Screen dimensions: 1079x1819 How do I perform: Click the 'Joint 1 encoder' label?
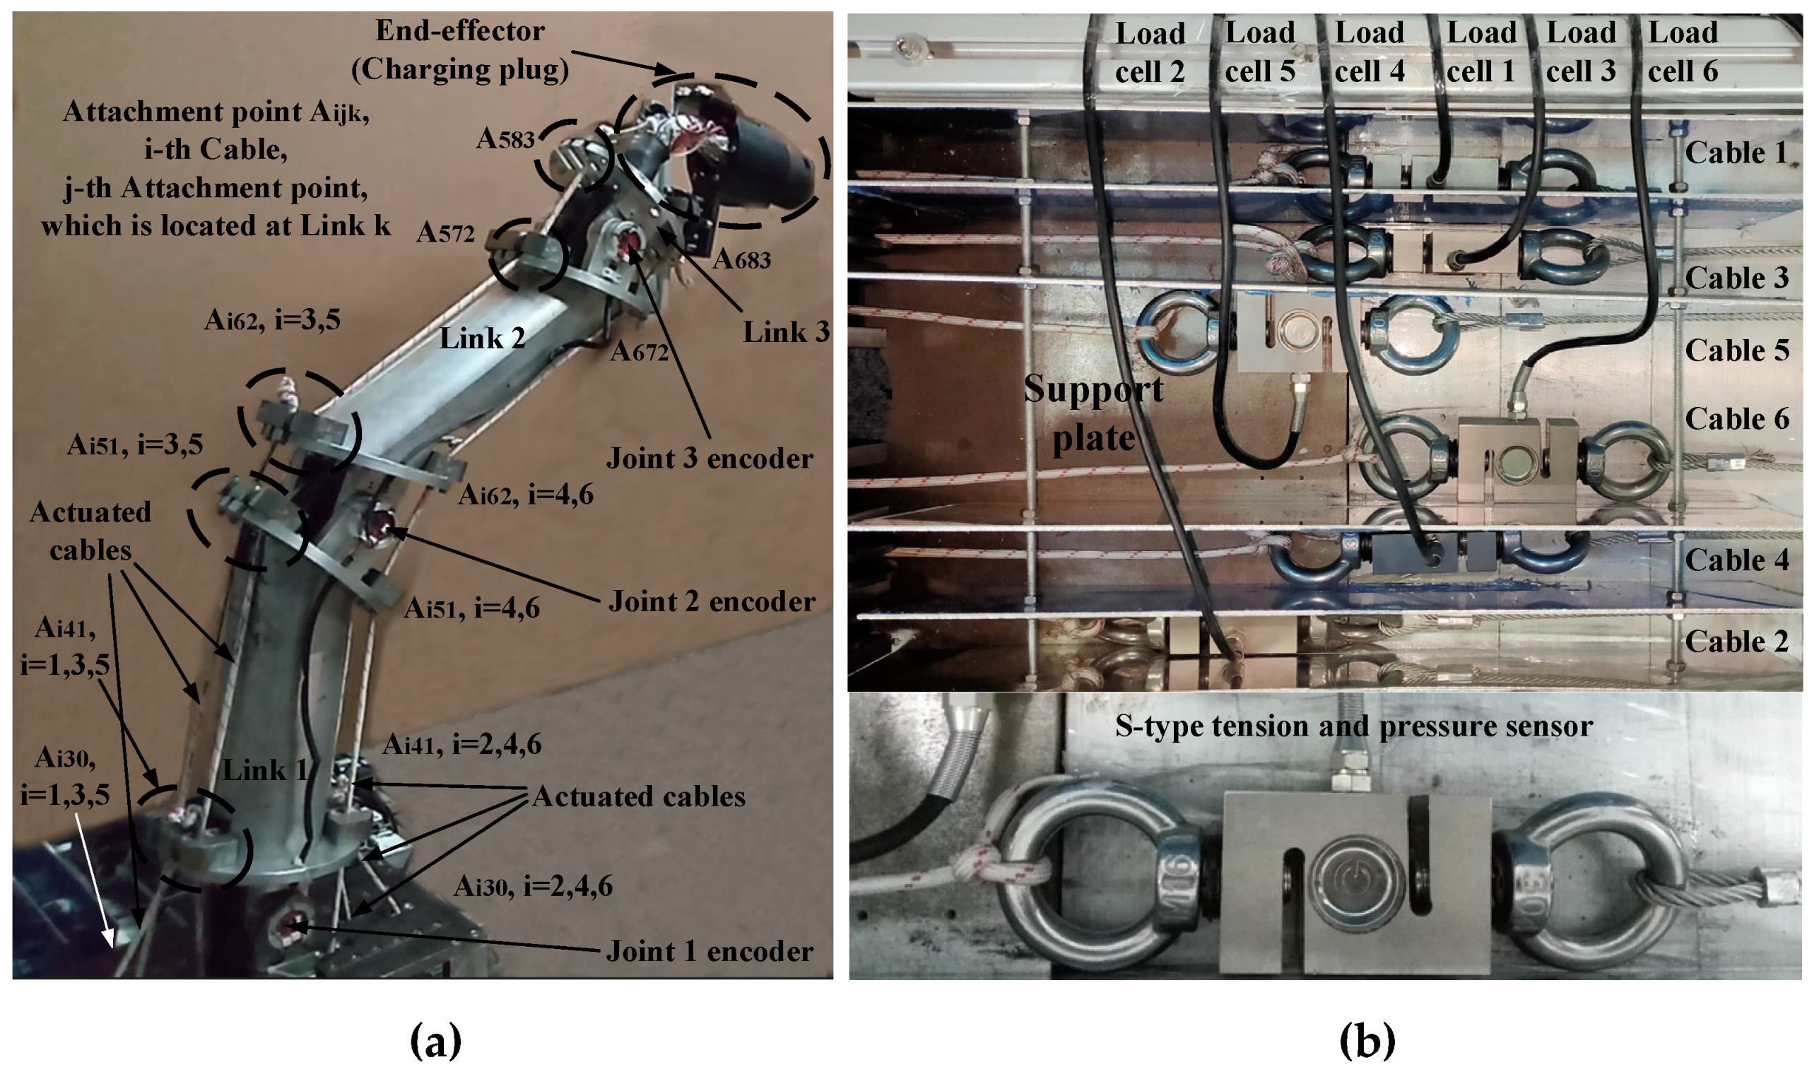tap(710, 951)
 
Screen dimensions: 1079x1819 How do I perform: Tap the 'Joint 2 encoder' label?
tap(711, 601)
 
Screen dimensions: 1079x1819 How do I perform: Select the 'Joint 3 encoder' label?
tap(710, 458)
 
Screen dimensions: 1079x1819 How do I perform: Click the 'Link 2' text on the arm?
tap(482, 338)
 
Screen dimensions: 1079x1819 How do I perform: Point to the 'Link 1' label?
tap(264, 770)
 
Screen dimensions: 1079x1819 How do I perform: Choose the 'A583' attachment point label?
tap(505, 138)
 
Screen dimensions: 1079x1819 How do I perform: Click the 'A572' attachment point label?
tap(445, 232)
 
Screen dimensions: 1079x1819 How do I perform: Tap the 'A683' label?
tap(741, 259)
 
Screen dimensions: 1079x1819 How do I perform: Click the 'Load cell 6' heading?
tap(1683, 52)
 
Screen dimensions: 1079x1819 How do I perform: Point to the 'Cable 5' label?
tap(1737, 350)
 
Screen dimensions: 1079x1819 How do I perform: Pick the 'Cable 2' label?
tap(1737, 642)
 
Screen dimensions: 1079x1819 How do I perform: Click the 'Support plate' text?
tap(1093, 413)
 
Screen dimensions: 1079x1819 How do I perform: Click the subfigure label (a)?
tap(436, 1041)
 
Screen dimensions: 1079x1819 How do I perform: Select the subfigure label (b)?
tap(1367, 1041)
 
